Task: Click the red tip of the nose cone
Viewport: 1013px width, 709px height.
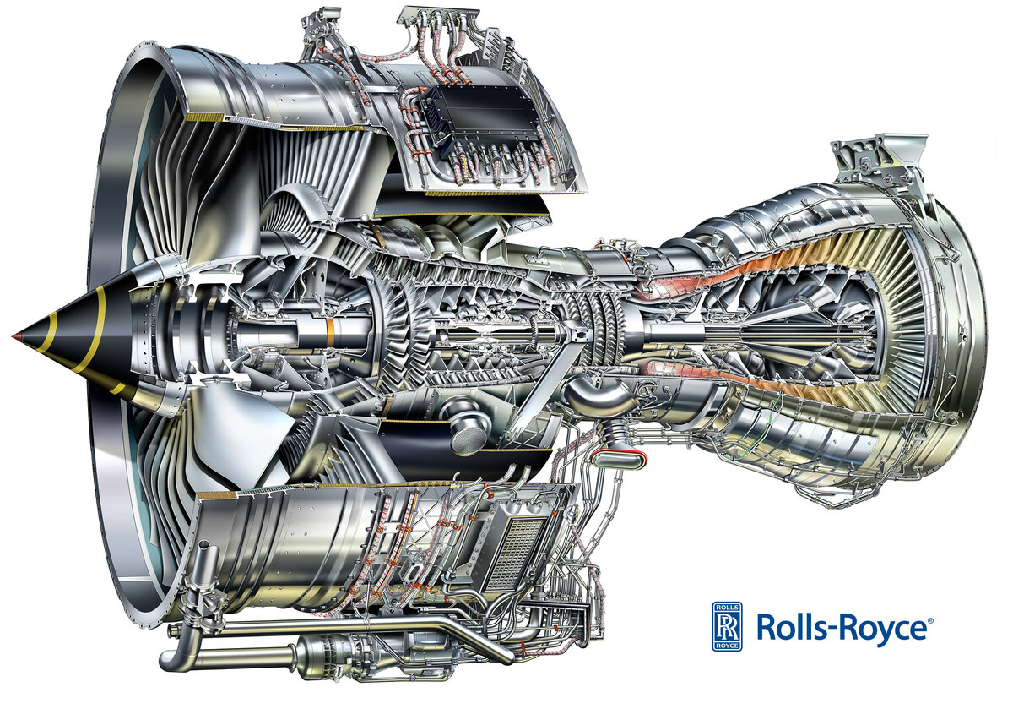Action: click(17, 336)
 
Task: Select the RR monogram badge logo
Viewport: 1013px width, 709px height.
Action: click(727, 626)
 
